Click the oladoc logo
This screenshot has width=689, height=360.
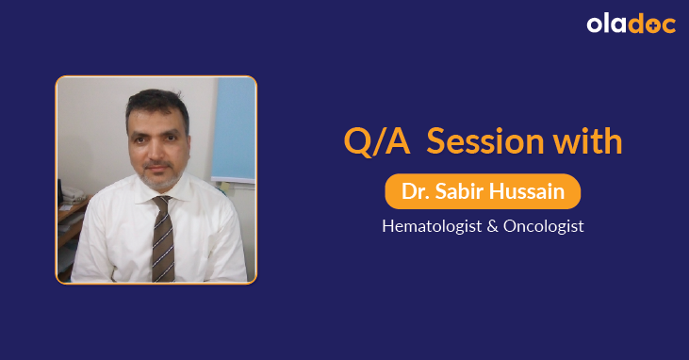coord(631,25)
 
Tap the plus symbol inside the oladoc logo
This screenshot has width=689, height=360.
coord(650,26)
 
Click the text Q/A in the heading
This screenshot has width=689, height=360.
coord(375,141)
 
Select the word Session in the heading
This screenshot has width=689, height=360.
coord(480,141)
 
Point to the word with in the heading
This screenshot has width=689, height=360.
coord(588,141)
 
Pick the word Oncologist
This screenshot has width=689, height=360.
coord(544,227)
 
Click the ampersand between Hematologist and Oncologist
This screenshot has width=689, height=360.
coord(492,227)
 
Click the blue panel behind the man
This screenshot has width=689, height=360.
coord(234,132)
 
